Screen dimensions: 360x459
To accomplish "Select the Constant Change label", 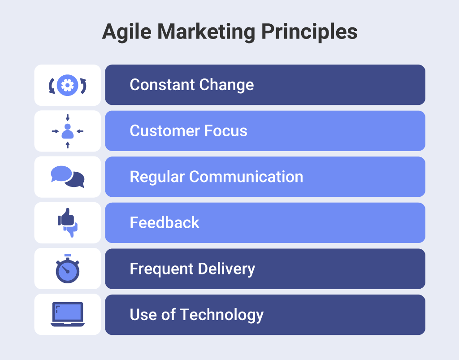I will [191, 85].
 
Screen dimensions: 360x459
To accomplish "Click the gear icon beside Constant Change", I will [68, 85].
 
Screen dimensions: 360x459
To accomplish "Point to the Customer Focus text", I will [188, 131].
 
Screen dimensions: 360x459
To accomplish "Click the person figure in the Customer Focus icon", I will [68, 132].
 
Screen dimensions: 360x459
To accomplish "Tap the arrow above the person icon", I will [68, 117].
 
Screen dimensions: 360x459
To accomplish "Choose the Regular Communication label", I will [216, 177].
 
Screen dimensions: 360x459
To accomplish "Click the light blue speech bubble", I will [61, 173].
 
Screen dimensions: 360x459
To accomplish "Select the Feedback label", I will [165, 223].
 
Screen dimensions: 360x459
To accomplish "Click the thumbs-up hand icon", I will [65, 217].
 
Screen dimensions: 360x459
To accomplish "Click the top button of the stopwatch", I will [68, 255].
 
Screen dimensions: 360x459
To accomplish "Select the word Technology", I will [221, 315].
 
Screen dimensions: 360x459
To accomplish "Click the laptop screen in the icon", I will [68, 312].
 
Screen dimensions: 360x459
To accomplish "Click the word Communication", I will [246, 177].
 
